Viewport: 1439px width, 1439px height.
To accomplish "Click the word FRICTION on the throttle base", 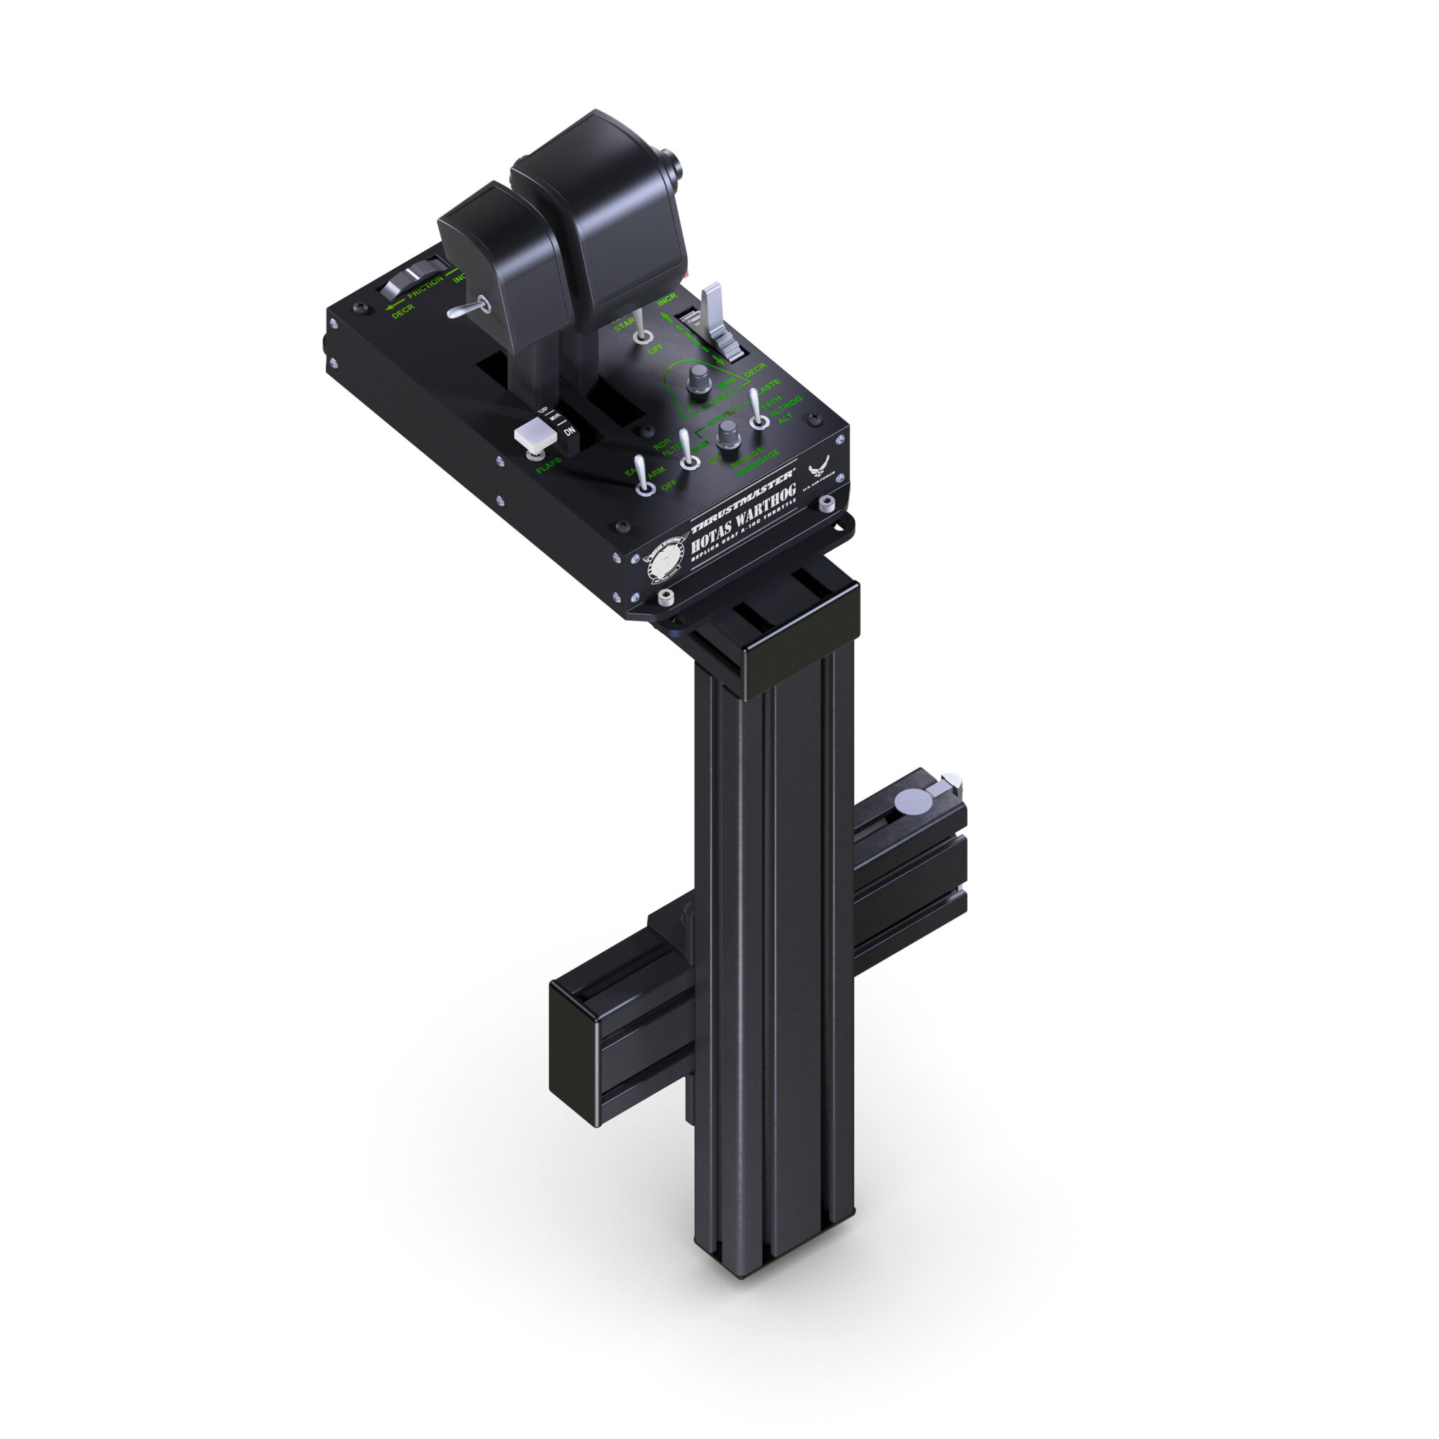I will [x=425, y=288].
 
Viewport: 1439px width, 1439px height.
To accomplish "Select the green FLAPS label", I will [x=548, y=466].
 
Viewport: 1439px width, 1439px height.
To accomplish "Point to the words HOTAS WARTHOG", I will [x=743, y=516].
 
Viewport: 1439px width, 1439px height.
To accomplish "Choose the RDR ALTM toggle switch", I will [x=689, y=453].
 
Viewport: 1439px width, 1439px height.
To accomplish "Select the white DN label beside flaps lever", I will [x=569, y=431].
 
